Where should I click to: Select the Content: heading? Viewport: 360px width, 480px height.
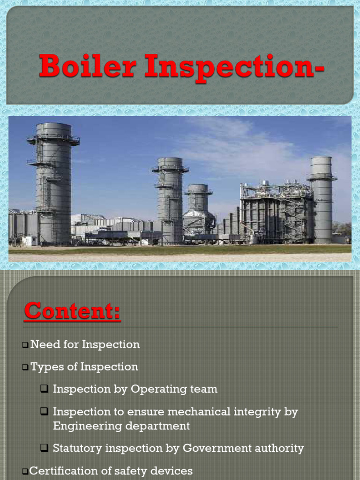pyautogui.click(x=72, y=311)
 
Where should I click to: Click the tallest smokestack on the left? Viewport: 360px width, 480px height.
pyautogui.click(x=53, y=183)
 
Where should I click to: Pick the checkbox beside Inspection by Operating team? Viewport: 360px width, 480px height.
pyautogui.click(x=45, y=389)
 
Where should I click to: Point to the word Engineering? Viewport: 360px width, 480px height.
pyautogui.click(x=82, y=426)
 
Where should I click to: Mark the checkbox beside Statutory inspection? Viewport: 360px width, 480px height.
pyautogui.click(x=45, y=449)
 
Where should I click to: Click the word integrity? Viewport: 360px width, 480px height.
pyautogui.click(x=262, y=412)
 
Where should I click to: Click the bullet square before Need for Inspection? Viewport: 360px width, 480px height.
pyautogui.click(x=25, y=345)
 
